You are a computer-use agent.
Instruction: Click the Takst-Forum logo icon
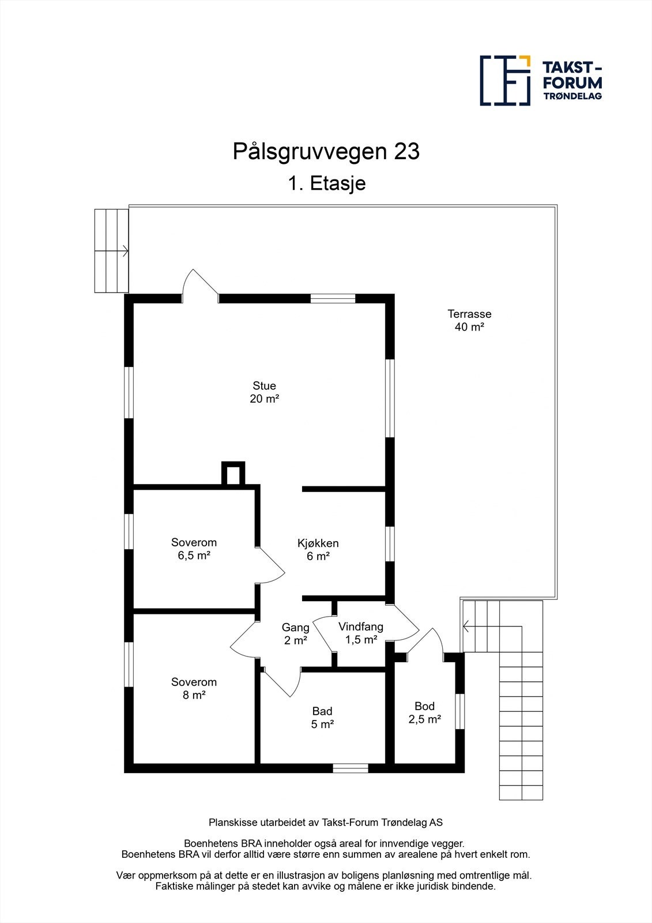(x=505, y=81)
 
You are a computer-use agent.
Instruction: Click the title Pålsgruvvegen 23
(x=326, y=152)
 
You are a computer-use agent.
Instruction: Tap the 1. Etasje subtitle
(x=326, y=183)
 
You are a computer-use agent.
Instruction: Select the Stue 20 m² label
(x=264, y=392)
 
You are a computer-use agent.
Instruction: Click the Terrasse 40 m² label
(x=469, y=321)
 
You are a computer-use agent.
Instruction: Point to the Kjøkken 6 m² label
(x=318, y=550)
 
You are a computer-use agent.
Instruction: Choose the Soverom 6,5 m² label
(x=194, y=549)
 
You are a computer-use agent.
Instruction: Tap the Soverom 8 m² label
(x=194, y=689)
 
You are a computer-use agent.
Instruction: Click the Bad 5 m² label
(x=322, y=718)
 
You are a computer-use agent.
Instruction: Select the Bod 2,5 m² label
(x=425, y=712)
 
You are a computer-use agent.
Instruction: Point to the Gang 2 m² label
(x=295, y=633)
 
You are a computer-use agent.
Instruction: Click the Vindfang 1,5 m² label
(x=360, y=633)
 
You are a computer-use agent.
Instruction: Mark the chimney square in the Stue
(x=233, y=474)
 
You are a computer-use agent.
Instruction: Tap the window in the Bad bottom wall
(x=351, y=768)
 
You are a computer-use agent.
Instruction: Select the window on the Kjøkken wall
(x=390, y=544)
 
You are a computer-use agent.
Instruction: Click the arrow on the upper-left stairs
(x=124, y=251)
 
